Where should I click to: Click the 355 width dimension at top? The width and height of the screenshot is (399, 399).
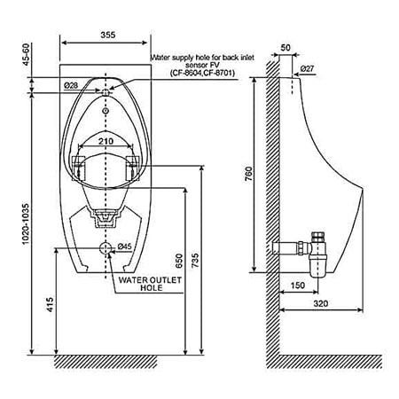click(107, 35)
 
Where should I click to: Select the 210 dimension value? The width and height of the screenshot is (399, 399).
click(106, 140)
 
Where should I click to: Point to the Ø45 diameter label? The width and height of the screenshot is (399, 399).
click(124, 246)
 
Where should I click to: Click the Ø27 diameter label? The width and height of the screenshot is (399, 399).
click(308, 68)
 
